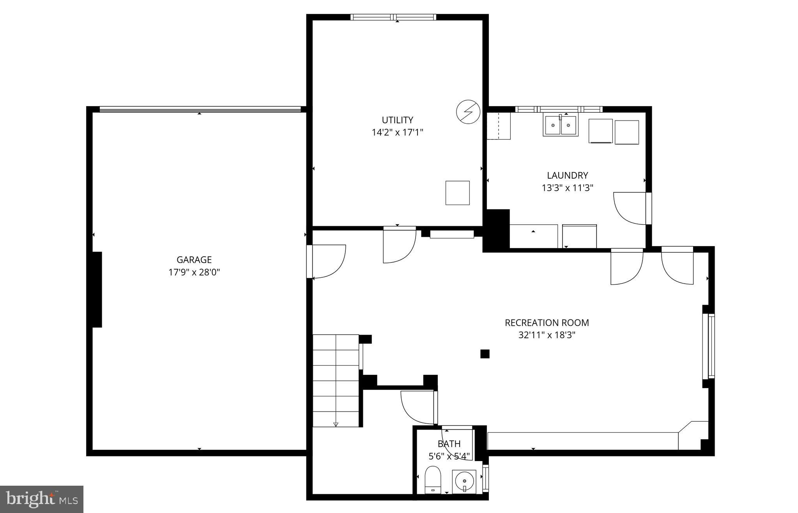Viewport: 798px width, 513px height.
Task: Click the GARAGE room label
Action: click(x=194, y=260)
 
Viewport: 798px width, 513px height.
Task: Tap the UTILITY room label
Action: click(x=397, y=120)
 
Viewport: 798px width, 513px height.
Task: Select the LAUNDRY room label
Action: click(x=567, y=176)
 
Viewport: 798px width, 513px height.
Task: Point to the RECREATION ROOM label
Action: click(x=547, y=323)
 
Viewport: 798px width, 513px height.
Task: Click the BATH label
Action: click(x=449, y=444)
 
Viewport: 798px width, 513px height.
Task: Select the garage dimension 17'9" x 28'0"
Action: click(x=194, y=272)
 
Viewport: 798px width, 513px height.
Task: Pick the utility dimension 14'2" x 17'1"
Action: click(x=397, y=133)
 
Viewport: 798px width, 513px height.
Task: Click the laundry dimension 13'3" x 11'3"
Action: click(x=567, y=188)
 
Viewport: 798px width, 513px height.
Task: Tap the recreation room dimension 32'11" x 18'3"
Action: click(x=547, y=335)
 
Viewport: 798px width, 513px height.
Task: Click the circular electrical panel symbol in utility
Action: click(x=467, y=112)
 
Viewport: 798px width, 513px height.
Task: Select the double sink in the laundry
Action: click(x=560, y=125)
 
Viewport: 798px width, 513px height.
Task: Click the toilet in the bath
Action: click(x=432, y=479)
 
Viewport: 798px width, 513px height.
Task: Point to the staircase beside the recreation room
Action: click(x=336, y=380)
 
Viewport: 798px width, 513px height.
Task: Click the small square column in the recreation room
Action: click(x=485, y=354)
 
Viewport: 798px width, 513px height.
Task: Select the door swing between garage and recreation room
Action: click(x=327, y=261)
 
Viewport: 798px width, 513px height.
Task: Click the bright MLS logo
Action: click(x=42, y=499)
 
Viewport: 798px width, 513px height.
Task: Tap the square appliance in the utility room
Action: click(x=457, y=193)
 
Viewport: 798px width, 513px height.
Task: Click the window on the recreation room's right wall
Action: click(x=711, y=346)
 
